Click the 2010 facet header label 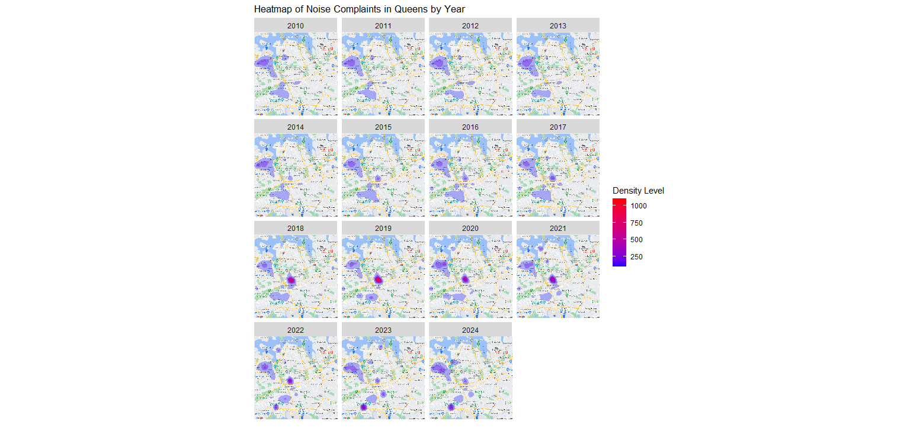tap(295, 25)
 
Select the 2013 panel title tap(557, 25)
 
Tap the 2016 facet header tap(470, 127)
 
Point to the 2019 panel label tap(383, 228)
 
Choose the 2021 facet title tap(557, 228)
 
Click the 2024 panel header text tap(470, 330)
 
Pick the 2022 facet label tap(295, 330)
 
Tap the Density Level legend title tap(638, 191)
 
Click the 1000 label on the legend tap(638, 206)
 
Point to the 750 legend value tap(636, 223)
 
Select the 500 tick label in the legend tap(636, 240)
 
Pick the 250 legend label tap(636, 257)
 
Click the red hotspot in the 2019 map tap(379, 279)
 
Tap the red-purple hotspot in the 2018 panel tap(291, 280)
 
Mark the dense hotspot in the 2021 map tap(553, 279)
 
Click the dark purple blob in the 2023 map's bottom tap(363, 407)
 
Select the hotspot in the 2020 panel tap(466, 279)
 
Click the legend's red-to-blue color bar tap(619, 232)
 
